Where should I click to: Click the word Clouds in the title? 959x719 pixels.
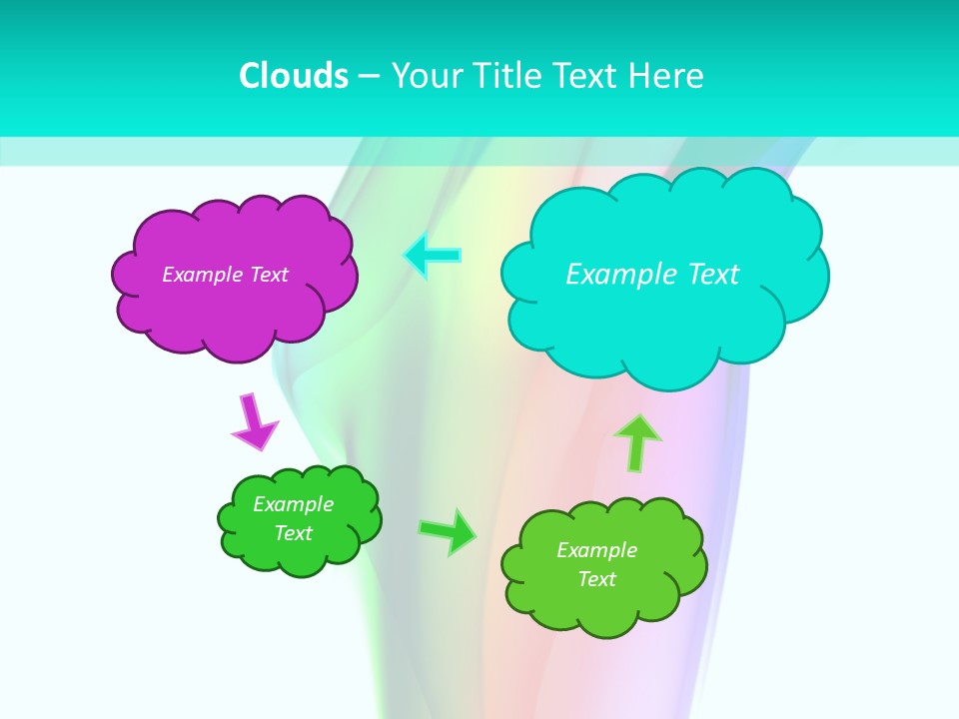point(294,76)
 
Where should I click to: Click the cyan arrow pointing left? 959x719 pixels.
point(433,255)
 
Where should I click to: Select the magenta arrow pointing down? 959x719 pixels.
point(253,423)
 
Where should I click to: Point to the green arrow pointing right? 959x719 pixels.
point(448,530)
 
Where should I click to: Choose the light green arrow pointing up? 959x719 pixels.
point(637,441)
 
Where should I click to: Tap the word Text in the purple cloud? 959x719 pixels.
point(269,275)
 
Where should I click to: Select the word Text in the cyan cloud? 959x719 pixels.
point(713,275)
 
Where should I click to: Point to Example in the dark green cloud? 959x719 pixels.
point(293,504)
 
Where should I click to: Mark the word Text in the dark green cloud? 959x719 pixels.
point(293,533)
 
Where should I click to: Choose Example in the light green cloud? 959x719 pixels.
point(596,550)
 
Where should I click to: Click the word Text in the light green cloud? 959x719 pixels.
point(596,579)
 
